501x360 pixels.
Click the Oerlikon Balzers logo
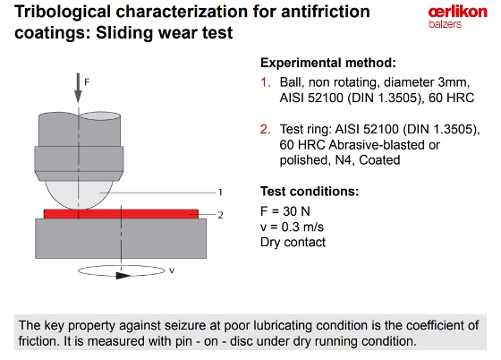click(x=457, y=18)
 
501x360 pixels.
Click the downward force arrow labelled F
click(x=78, y=88)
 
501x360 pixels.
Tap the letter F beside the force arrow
click(x=87, y=82)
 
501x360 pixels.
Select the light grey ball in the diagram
click(x=79, y=194)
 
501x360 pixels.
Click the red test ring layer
click(x=121, y=214)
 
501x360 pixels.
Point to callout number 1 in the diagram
click(x=220, y=193)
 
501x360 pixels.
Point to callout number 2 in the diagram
click(x=220, y=215)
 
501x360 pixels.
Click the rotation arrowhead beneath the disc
click(x=123, y=275)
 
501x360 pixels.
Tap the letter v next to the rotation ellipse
click(x=172, y=270)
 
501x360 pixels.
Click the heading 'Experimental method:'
click(x=328, y=63)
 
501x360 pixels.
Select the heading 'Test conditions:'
click(x=310, y=191)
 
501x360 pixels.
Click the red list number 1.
click(x=265, y=82)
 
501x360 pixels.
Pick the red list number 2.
click(x=265, y=130)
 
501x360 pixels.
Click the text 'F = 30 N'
click(x=285, y=211)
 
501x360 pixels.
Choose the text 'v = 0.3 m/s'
click(x=292, y=227)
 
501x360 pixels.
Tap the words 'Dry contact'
click(x=293, y=242)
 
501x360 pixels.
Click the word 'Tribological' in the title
click(x=63, y=13)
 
